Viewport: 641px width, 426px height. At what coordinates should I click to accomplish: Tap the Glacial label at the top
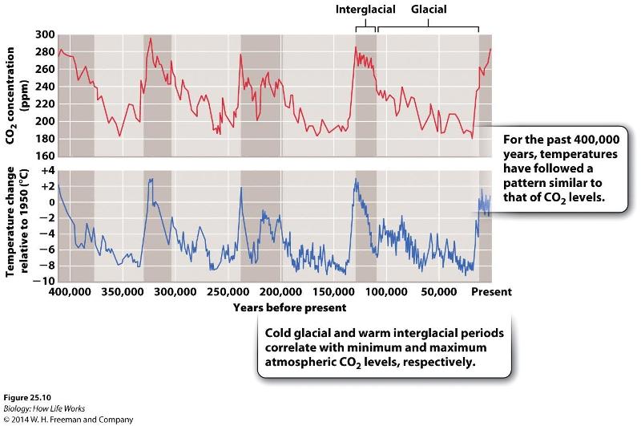pos(429,10)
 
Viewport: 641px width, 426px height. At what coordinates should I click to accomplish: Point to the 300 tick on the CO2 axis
pos(46,34)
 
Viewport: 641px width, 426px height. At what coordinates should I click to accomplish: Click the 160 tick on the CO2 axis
pos(46,156)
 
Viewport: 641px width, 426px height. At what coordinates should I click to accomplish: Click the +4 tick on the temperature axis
pos(45,171)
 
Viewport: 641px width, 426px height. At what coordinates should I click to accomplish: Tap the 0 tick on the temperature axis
pos(49,202)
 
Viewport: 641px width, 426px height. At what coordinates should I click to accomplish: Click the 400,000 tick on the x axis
pos(70,293)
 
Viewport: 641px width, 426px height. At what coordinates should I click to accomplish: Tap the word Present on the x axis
pos(490,293)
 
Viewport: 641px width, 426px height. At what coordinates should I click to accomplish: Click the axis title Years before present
pos(290,307)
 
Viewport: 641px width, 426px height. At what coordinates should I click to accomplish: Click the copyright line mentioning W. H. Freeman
pos(56,419)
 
